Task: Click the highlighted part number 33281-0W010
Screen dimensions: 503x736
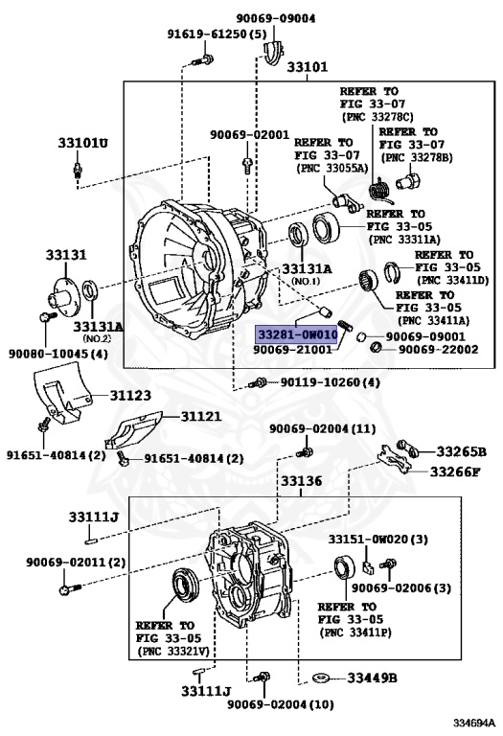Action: coord(298,334)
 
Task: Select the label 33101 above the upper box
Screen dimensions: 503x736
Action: coord(307,67)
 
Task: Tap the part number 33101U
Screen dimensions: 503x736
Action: coord(82,142)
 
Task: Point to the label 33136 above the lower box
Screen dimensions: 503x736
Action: coord(301,481)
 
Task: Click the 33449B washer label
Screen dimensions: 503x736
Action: coord(372,678)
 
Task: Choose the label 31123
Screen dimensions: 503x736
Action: coord(130,395)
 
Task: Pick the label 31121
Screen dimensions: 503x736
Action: coord(201,416)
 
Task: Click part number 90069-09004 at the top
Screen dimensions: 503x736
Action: coord(276,18)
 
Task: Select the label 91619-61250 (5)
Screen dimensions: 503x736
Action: coord(217,34)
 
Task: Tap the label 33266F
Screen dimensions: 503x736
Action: coord(455,471)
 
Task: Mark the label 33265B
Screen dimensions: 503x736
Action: coord(462,451)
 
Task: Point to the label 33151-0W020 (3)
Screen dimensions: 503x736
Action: coord(377,540)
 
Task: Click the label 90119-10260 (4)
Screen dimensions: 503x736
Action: coord(331,382)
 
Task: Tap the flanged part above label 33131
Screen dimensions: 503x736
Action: coord(63,292)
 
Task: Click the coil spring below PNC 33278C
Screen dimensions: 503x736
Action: coord(379,192)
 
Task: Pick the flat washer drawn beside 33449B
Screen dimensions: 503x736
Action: coord(321,678)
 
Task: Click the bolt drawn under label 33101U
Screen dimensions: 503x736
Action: coord(78,170)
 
